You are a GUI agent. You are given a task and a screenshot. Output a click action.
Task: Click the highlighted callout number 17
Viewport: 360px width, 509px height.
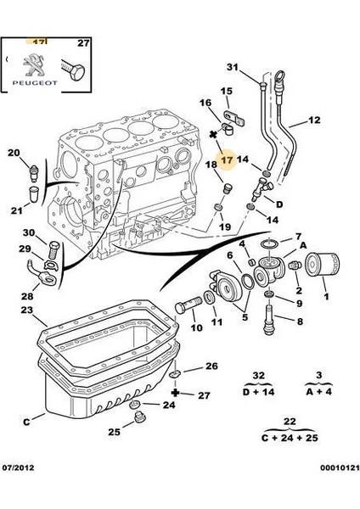coord(225,158)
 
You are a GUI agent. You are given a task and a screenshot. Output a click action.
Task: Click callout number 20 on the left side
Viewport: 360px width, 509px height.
coord(14,153)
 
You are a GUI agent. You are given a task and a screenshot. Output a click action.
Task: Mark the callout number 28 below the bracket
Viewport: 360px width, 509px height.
coord(27,295)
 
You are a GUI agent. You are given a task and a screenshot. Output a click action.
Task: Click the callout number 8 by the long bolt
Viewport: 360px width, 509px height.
coord(299,322)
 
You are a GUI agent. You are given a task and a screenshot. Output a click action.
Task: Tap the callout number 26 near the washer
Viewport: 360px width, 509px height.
coord(211,366)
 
